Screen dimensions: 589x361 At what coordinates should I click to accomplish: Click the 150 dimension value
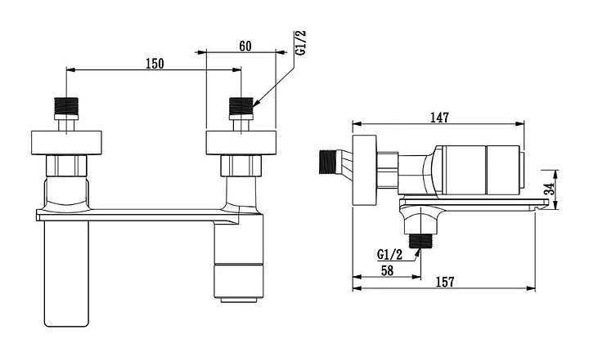tap(155, 64)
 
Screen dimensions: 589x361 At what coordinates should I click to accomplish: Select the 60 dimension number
tap(245, 46)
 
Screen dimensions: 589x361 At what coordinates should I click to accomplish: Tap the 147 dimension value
tap(439, 118)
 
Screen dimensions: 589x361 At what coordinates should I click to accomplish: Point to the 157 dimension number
tap(445, 282)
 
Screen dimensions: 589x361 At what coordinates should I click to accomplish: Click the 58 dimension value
tap(387, 270)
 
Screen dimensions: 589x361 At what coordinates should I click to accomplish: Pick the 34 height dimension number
tap(550, 189)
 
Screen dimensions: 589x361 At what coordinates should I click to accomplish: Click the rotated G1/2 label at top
tap(301, 43)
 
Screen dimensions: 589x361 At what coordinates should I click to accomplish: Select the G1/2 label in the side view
tap(389, 255)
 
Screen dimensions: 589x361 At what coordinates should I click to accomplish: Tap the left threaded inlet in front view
tap(66, 106)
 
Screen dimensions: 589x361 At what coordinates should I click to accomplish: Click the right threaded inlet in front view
tap(241, 106)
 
